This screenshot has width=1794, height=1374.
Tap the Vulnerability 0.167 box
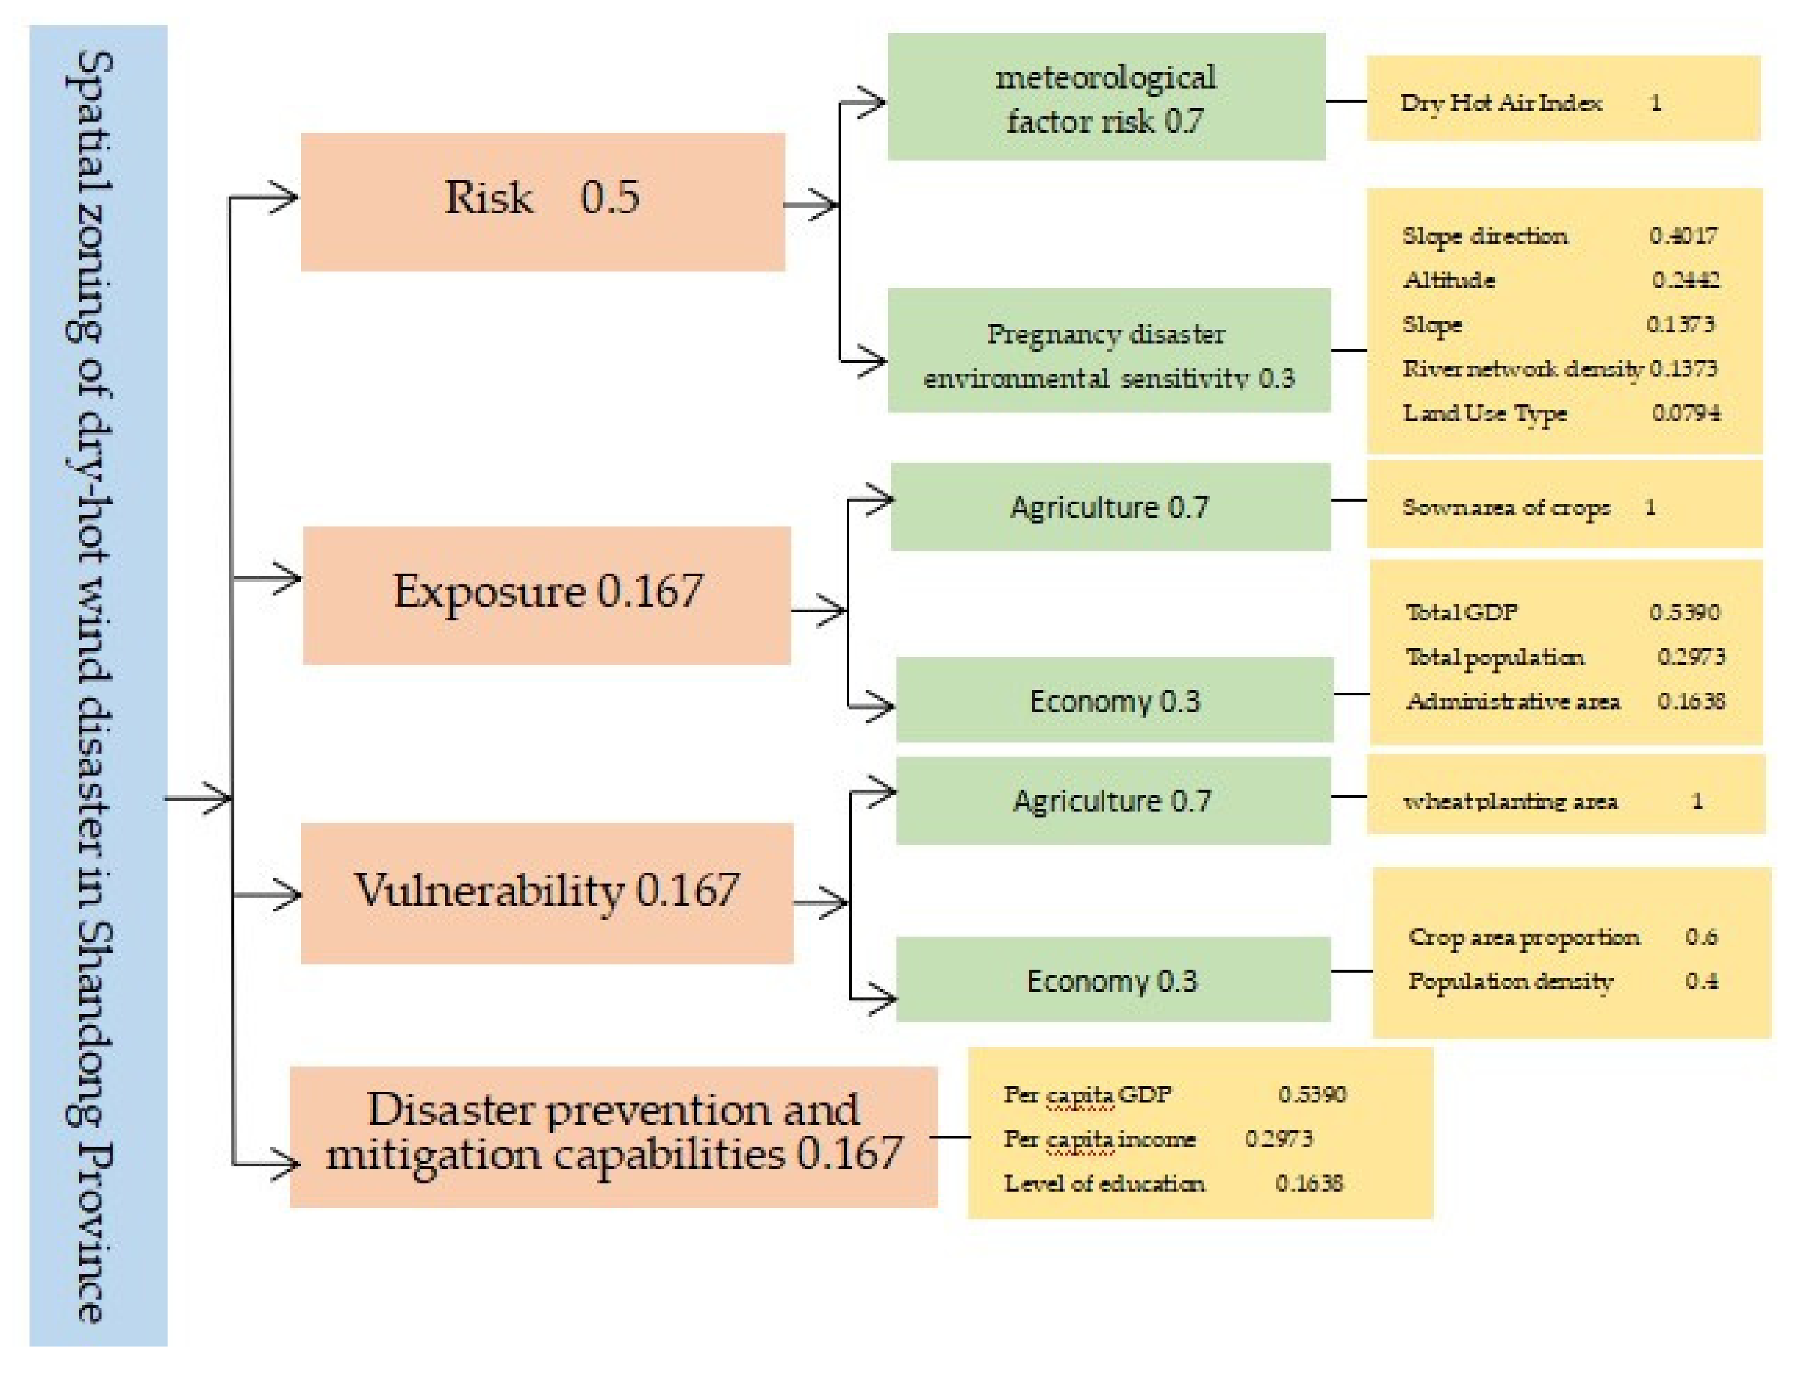click(546, 892)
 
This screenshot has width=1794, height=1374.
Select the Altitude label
click(1448, 280)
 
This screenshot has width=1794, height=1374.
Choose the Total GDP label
click(1461, 612)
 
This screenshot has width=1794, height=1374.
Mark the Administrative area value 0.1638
click(1690, 701)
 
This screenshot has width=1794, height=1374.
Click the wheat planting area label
click(1510, 801)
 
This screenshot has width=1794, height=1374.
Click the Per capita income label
click(1099, 1139)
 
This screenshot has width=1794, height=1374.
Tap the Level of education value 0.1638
click(1308, 1183)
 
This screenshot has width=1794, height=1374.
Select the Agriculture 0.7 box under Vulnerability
click(1112, 800)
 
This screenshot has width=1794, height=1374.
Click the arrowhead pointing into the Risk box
click(284, 197)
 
